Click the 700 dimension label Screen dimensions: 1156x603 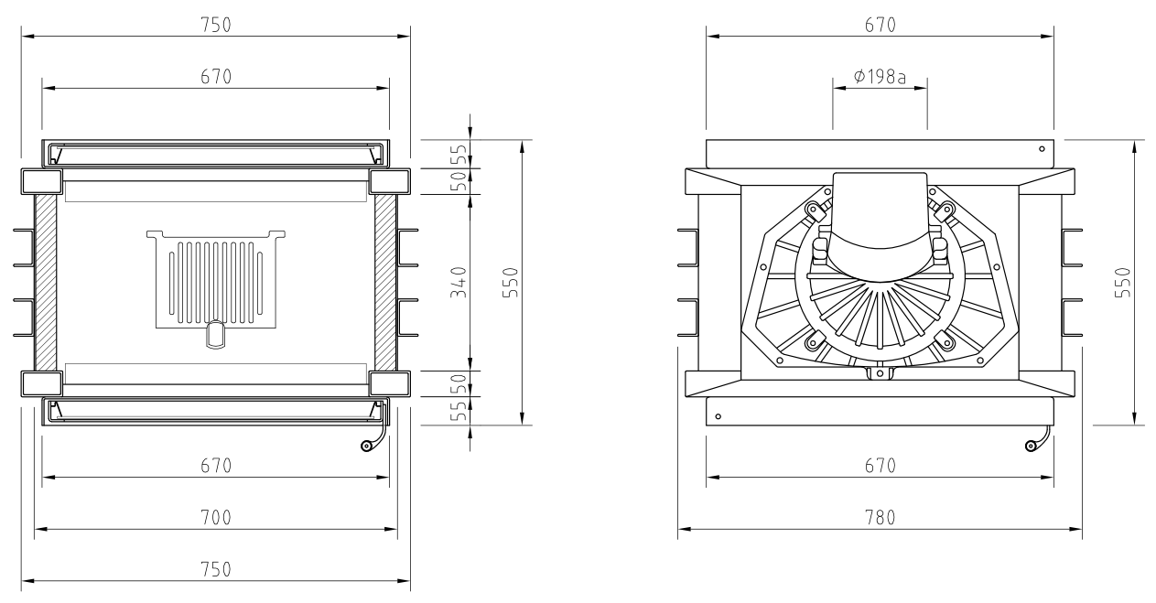tap(216, 517)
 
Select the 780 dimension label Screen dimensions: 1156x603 tap(880, 517)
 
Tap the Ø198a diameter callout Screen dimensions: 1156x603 tap(880, 77)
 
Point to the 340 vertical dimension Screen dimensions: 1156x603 tap(459, 282)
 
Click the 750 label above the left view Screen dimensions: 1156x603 tap(216, 25)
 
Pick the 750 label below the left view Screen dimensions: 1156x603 tap(216, 569)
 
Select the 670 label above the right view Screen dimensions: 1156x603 tap(880, 25)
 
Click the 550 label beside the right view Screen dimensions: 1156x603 tap(1123, 282)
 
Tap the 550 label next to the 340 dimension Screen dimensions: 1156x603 tap(510, 282)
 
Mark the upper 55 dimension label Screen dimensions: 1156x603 tap(459, 154)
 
